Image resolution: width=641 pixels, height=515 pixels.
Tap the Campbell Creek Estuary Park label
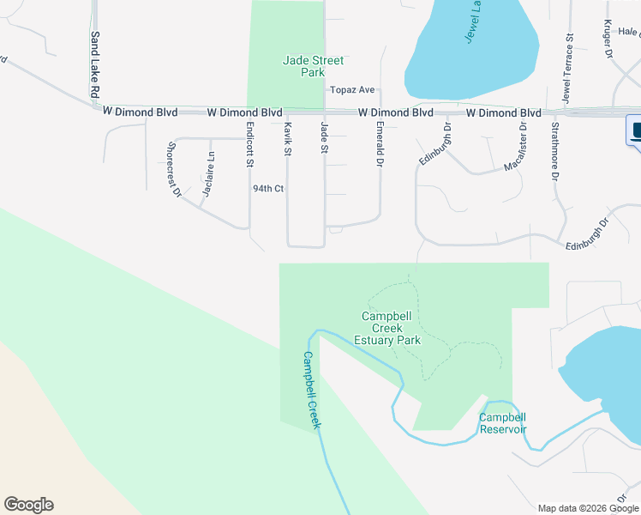tap(391, 328)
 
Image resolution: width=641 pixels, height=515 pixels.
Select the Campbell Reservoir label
tap(502, 423)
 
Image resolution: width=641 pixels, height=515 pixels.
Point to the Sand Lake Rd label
tap(94, 65)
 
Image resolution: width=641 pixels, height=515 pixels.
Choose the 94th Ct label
tap(267, 189)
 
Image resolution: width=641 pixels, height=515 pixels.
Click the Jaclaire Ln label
tap(208, 174)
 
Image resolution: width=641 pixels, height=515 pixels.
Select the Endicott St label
tap(250, 144)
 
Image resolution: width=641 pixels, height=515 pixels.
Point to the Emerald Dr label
tap(379, 142)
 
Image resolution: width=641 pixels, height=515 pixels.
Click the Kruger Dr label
tap(608, 39)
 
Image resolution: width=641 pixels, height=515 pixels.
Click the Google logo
tap(28, 505)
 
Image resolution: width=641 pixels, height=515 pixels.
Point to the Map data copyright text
tap(587, 508)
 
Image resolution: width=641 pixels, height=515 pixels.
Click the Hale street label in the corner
tap(628, 32)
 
